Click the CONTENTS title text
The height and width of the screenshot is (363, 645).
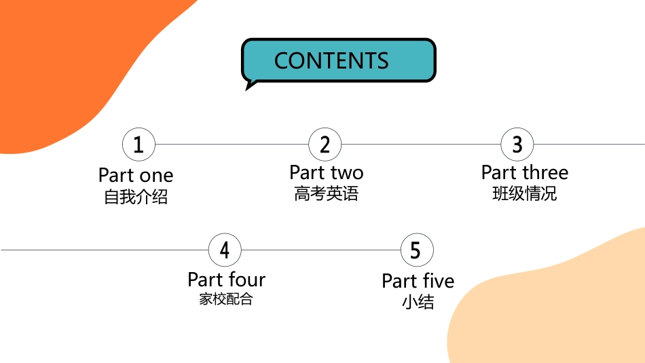[331, 61]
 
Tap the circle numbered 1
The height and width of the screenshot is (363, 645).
[139, 145]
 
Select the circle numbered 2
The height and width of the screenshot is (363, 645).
[325, 145]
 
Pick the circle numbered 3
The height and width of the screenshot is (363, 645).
[517, 145]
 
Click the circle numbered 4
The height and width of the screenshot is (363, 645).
[225, 250]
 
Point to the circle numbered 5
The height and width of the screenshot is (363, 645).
[417, 250]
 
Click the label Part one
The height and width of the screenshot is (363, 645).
[136, 176]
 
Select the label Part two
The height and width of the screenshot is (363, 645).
[326, 172]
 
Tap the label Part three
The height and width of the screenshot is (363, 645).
[524, 172]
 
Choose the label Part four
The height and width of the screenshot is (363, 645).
[226, 280]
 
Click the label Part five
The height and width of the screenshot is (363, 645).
[418, 281]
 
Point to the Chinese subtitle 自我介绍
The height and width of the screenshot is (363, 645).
[136, 197]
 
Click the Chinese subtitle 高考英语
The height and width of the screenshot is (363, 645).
[326, 193]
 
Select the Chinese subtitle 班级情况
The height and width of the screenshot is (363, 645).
[524, 193]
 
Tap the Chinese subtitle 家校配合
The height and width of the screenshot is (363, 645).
[226, 299]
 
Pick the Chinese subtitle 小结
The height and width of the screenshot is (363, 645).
[418, 302]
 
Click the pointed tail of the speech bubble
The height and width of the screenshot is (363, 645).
[246, 90]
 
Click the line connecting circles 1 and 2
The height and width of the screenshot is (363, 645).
[232, 145]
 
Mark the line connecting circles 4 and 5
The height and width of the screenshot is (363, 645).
[321, 250]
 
